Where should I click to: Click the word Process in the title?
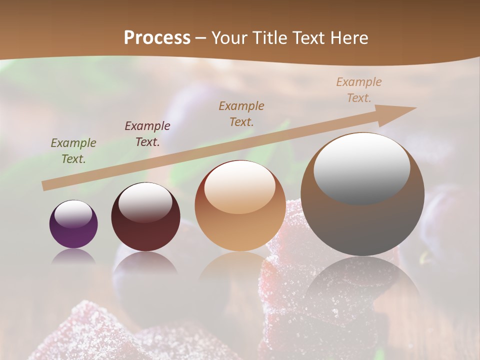[x=157, y=38]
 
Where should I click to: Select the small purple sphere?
[x=73, y=224]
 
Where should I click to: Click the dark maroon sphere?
[x=145, y=217]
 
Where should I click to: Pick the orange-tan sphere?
[x=240, y=206]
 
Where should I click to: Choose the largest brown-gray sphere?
[x=362, y=195]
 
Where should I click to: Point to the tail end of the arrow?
[x=44, y=186]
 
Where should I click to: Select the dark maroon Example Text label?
[x=147, y=134]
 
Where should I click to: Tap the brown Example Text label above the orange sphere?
[x=241, y=114]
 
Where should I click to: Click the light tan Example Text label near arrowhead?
[x=359, y=90]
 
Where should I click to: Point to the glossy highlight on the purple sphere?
[x=73, y=214]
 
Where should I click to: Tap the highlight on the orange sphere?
[x=239, y=187]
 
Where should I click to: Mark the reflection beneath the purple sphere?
[x=73, y=256]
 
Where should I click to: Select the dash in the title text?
[x=201, y=38]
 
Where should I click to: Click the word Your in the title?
[x=230, y=38]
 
